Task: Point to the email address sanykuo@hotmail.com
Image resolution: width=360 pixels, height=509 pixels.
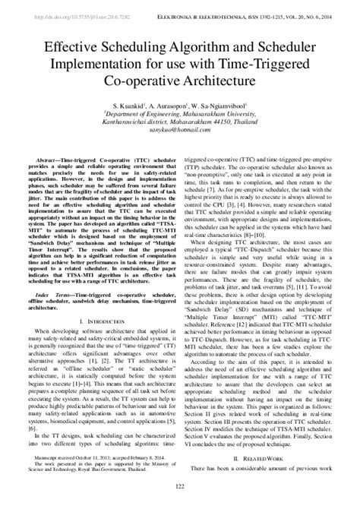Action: pyautogui.click(x=179, y=129)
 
